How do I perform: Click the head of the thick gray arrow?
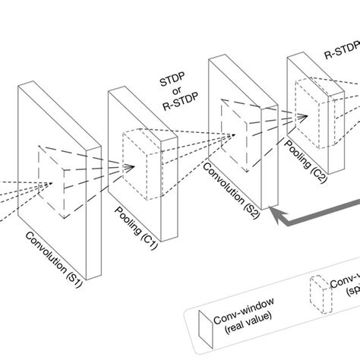click(279, 215)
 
